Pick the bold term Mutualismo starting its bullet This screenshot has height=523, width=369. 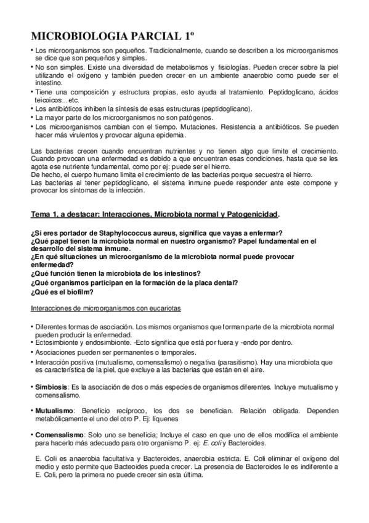54,410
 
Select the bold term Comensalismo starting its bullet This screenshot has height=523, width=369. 59,435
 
